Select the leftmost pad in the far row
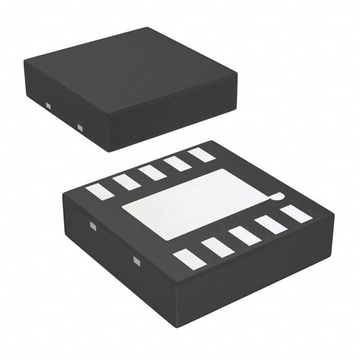(x=100, y=192)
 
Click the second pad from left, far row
(x=126, y=182)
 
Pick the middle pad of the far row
(x=152, y=172)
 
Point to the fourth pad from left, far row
(x=177, y=163)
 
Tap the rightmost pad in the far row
(x=202, y=155)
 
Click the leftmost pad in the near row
(x=189, y=259)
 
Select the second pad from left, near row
(x=217, y=247)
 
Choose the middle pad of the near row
(x=245, y=236)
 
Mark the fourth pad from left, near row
(x=271, y=224)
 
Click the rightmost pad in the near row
(x=296, y=214)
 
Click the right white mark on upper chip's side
(x=80, y=128)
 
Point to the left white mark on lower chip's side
(x=93, y=226)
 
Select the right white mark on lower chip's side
(x=136, y=260)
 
